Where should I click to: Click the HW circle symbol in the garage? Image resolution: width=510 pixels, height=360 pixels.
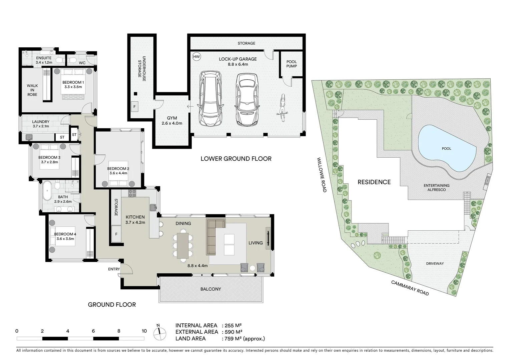(x=196, y=57)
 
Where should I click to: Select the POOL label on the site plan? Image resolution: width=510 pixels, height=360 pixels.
(x=446, y=149)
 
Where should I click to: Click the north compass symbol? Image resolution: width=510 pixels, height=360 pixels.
(x=159, y=332)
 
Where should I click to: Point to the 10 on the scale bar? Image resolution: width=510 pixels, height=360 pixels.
(x=144, y=331)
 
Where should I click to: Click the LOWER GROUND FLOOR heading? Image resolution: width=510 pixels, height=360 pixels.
(x=236, y=159)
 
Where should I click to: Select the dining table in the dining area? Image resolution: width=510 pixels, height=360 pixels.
(x=182, y=244)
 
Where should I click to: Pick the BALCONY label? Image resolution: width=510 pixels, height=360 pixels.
(x=210, y=289)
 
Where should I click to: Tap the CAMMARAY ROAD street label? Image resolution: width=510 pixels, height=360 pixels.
(x=410, y=288)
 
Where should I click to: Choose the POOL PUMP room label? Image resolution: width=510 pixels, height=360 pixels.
(x=291, y=64)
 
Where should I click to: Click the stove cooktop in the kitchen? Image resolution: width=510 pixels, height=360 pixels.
(x=132, y=193)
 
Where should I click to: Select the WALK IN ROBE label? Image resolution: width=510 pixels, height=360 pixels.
(x=32, y=90)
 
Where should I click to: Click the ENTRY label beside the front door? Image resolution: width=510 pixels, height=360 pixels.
(x=114, y=269)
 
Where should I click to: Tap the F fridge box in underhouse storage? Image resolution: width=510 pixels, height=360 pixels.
(x=135, y=107)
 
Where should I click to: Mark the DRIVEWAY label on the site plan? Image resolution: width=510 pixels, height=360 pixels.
(x=435, y=263)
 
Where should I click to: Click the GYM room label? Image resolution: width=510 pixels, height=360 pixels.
(x=172, y=118)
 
